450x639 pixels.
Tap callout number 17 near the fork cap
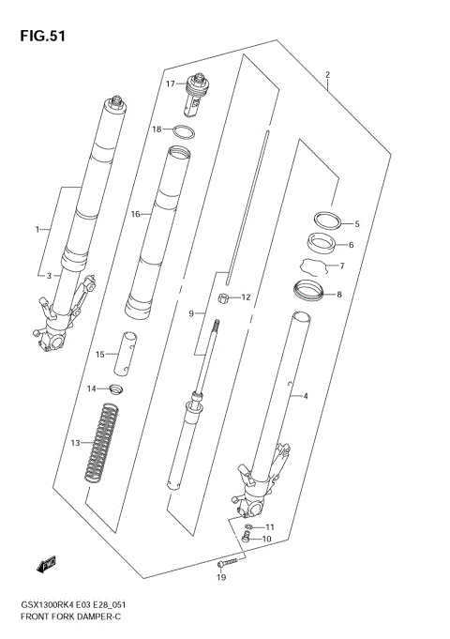coord(171,84)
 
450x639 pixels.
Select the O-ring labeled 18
coord(185,130)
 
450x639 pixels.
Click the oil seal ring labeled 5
coord(325,221)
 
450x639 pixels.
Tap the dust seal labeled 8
coord(309,292)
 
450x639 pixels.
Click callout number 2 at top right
coord(328,74)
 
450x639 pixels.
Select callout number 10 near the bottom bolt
coord(266,539)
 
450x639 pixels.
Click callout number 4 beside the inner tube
coord(305,397)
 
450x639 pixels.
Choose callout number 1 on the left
coord(38,229)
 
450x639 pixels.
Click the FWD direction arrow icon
coord(46,564)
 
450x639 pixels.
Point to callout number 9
coord(190,313)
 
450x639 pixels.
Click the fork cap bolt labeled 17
coord(199,91)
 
